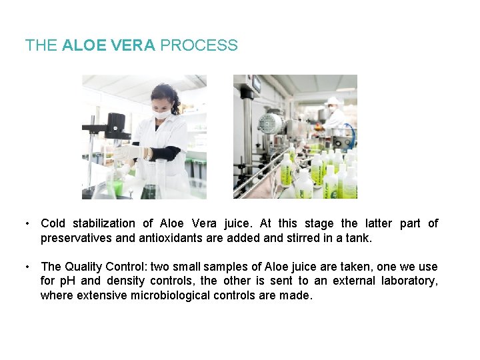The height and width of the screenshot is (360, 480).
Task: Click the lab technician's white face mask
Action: point(162,114)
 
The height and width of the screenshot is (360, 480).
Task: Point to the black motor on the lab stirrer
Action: point(115,123)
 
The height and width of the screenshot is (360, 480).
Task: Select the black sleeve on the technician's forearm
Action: point(163,153)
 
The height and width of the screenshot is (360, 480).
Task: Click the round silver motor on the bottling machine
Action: point(271,123)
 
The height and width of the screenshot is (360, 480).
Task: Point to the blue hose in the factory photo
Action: point(351,134)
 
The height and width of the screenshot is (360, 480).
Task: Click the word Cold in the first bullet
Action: point(53,223)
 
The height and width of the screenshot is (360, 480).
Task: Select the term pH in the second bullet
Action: point(69,281)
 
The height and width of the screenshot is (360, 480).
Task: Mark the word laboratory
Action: point(409,281)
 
